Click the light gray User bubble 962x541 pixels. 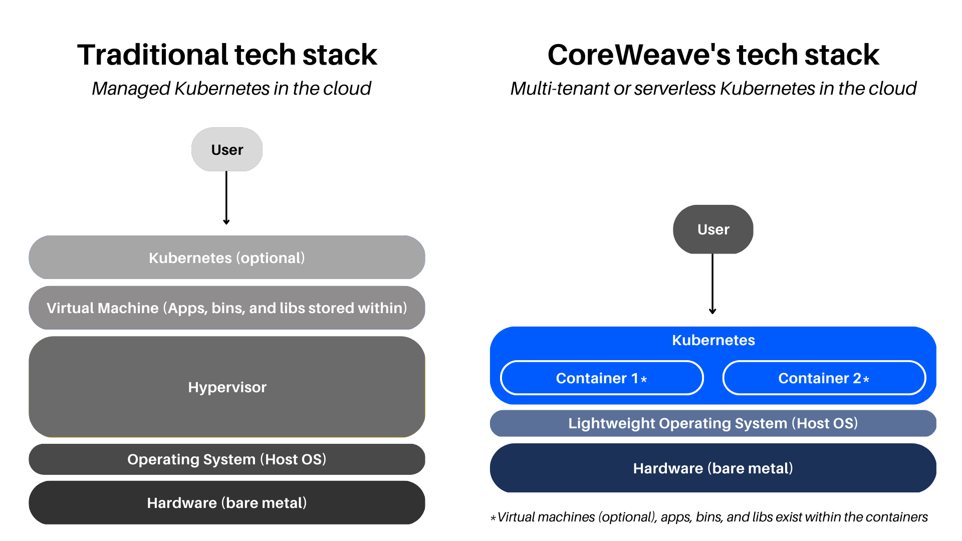tap(227, 149)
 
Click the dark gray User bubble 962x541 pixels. tap(713, 229)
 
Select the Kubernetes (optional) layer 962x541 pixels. tap(227, 257)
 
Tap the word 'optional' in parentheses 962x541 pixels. tap(271, 258)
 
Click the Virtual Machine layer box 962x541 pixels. tap(227, 308)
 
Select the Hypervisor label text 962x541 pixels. tap(227, 387)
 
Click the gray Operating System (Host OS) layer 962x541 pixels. tap(227, 459)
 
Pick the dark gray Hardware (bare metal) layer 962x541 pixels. tap(227, 503)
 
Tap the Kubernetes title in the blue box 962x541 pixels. tap(713, 340)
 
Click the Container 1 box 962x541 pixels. tap(601, 378)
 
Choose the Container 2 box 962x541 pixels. tap(824, 378)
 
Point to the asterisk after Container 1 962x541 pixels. tap(644, 380)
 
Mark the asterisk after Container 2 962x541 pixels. tap(866, 380)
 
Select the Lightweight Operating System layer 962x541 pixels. tap(713, 423)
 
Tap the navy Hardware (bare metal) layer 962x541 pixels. tap(713, 468)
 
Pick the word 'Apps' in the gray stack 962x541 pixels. tap(186, 308)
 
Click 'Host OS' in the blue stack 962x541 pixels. tap(825, 423)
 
